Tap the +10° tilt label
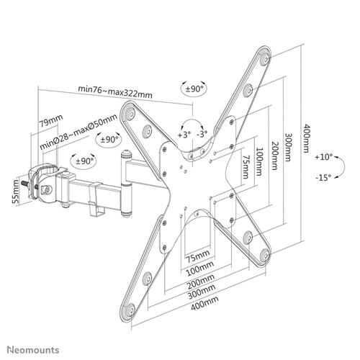325,156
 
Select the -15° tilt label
325,177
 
